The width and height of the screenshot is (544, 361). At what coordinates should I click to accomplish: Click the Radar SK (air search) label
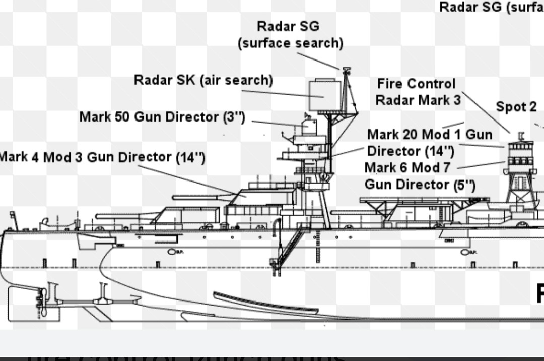[203, 80]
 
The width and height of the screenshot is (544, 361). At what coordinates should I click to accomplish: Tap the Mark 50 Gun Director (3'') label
[162, 117]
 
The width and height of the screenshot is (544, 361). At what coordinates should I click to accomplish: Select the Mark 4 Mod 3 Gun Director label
[101, 157]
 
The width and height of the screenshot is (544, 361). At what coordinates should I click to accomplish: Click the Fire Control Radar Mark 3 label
[418, 92]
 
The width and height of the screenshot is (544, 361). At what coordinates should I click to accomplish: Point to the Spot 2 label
[516, 107]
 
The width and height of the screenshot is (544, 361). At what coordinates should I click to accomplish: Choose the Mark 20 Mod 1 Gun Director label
[429, 143]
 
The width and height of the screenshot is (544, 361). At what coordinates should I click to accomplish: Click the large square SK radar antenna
[323, 94]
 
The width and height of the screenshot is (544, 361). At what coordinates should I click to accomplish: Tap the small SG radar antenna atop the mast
[346, 70]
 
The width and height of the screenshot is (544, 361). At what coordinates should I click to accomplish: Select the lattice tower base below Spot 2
[519, 194]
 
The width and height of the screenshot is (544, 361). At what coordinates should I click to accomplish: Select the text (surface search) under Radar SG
[291, 43]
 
